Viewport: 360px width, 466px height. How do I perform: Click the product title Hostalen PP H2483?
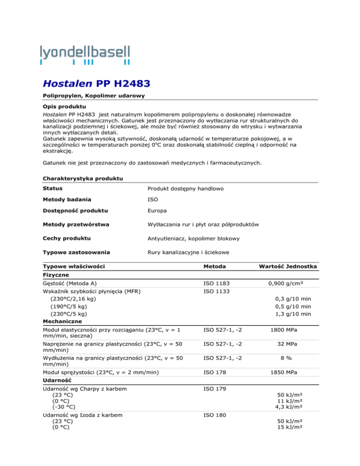pos(97,85)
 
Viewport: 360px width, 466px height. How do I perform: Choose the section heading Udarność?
pos(56,385)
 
